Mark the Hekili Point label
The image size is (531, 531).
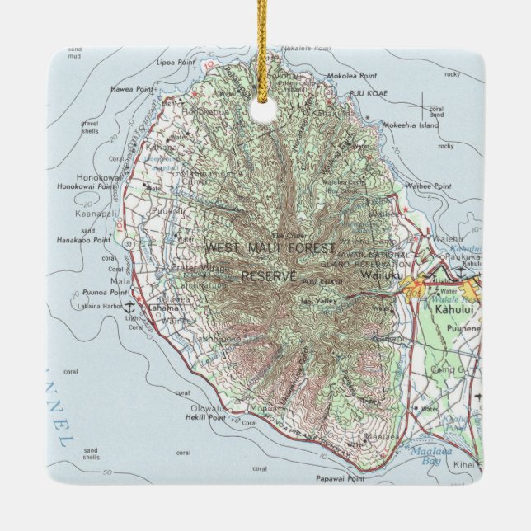tap(195, 418)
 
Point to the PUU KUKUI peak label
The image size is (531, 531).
tap(317, 283)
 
